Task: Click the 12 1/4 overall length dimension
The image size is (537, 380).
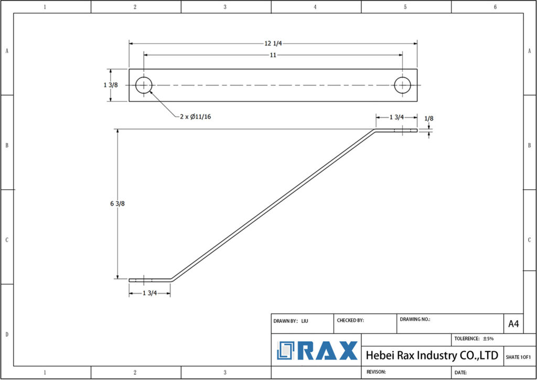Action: (273, 44)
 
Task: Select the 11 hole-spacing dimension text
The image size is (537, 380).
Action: (273, 55)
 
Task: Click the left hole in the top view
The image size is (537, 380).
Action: (144, 85)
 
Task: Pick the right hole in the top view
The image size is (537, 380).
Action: (403, 85)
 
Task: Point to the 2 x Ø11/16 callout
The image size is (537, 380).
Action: (196, 116)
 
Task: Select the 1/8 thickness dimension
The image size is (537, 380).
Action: (429, 119)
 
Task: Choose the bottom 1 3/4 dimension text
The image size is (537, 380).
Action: (150, 293)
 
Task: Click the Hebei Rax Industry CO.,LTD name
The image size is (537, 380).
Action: (432, 355)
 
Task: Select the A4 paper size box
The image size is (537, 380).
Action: (513, 324)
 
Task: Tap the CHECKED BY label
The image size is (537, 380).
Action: (350, 320)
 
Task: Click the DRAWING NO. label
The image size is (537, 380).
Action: (415, 319)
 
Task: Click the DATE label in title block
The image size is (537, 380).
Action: (461, 372)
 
